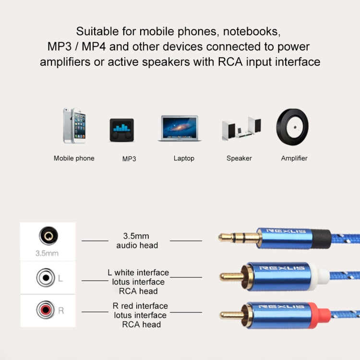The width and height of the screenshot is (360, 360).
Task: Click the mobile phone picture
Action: (x=74, y=126)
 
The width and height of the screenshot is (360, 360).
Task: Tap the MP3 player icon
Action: (x=122, y=130)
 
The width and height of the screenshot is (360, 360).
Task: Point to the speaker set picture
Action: (x=241, y=129)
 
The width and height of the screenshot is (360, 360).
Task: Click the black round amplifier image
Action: (x=292, y=127)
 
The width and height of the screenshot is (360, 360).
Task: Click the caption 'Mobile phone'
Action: (x=74, y=158)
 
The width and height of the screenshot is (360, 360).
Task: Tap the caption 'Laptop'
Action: (x=184, y=158)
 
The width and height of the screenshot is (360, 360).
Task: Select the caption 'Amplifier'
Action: (x=294, y=158)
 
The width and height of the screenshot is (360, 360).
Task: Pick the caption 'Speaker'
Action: (x=239, y=158)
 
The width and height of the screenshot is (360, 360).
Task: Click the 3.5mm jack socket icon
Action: (x=48, y=236)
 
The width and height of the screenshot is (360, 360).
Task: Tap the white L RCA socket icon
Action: (x=45, y=277)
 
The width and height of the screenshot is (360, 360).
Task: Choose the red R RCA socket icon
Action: (x=45, y=310)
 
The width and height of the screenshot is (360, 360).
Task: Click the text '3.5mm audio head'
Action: (x=137, y=240)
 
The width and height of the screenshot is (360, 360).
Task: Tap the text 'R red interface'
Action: (x=140, y=306)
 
